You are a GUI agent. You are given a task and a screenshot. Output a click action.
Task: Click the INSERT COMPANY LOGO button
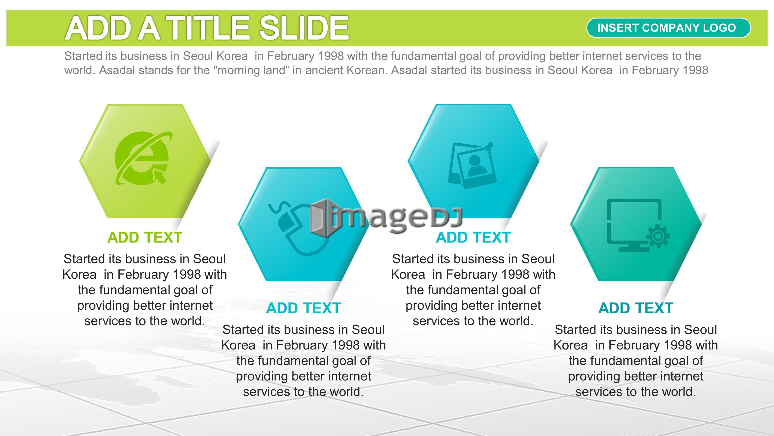668,28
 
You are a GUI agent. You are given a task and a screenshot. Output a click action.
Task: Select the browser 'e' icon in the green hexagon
144,158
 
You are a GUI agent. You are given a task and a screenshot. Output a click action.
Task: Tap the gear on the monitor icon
658,236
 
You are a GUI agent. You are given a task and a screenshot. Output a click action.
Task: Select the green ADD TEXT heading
144,237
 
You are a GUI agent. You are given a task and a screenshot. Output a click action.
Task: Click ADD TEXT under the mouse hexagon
303,308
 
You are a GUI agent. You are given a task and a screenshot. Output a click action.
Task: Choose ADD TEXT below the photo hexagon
473,237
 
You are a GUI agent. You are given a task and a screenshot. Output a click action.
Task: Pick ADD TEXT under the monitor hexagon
636,308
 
